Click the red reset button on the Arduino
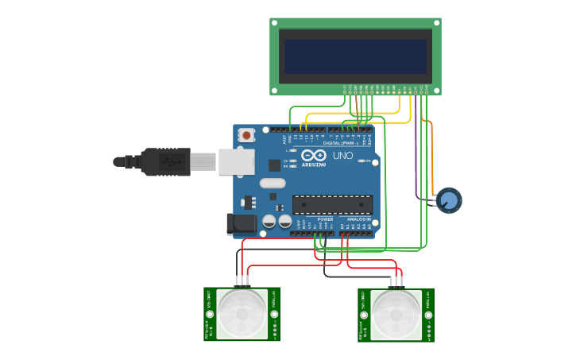[x=246, y=135]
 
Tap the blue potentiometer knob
[x=449, y=200]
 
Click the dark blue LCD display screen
[x=355, y=56]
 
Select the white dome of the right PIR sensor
[x=396, y=313]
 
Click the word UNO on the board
[x=343, y=156]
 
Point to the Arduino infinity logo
[x=314, y=156]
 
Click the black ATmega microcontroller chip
[x=332, y=204]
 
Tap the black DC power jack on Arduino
[x=241, y=224]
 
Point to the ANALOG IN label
[x=357, y=219]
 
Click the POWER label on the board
[x=325, y=219]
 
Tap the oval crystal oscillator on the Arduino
[x=273, y=183]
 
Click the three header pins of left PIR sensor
[x=242, y=281]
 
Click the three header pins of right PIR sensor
[x=396, y=281]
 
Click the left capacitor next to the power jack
[x=269, y=221]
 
